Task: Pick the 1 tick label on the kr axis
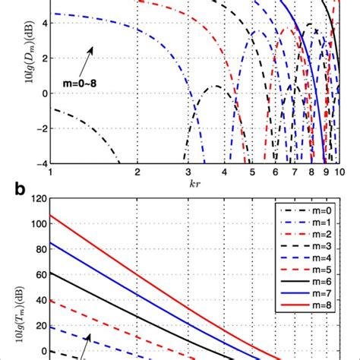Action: (50, 173)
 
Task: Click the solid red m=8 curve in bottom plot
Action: (114, 250)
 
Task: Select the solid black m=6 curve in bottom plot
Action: (114, 297)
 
